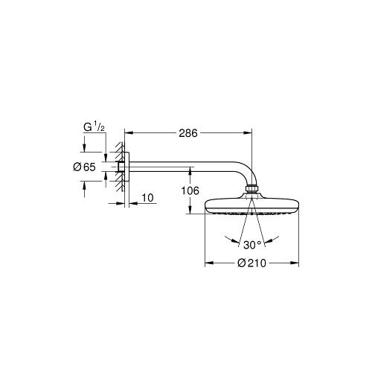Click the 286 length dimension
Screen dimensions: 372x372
(x=188, y=133)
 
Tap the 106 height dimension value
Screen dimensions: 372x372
(x=190, y=190)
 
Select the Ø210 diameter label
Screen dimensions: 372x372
(x=251, y=263)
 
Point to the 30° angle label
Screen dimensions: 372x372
(x=252, y=245)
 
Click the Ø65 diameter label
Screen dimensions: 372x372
(x=84, y=167)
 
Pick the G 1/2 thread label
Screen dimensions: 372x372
(x=94, y=127)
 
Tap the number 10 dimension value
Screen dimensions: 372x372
(x=147, y=198)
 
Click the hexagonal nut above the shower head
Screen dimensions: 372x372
(x=252, y=189)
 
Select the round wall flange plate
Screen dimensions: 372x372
(x=126, y=167)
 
